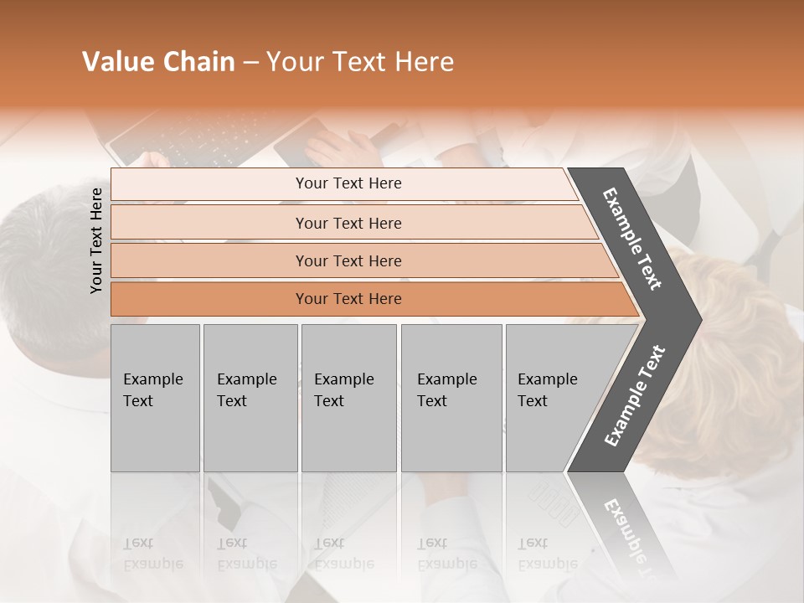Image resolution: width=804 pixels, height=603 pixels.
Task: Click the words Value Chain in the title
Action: click(x=158, y=62)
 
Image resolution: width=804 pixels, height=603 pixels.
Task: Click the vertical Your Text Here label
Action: click(x=96, y=240)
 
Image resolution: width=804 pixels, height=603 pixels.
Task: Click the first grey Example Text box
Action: click(x=155, y=398)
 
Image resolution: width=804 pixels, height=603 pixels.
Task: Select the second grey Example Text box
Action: click(x=250, y=398)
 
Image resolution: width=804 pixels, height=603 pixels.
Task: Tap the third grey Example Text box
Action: click(x=348, y=398)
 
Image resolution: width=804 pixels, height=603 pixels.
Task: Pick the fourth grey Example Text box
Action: click(x=451, y=398)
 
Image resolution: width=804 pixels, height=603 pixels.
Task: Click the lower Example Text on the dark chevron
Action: click(x=635, y=395)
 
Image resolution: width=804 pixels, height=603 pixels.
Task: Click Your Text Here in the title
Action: click(x=360, y=62)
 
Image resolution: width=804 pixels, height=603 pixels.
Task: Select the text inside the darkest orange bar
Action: click(x=348, y=299)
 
